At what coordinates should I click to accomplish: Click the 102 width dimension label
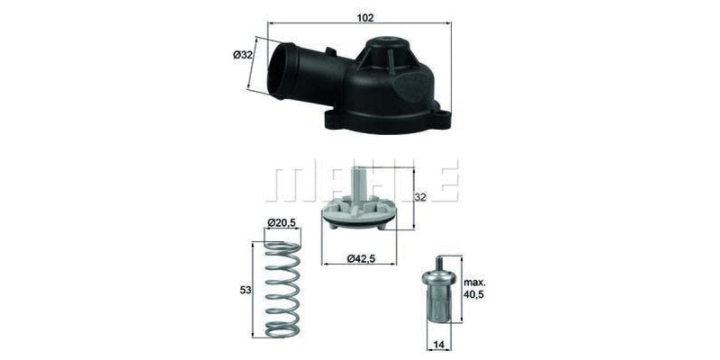[x=365, y=17]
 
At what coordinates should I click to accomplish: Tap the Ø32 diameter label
[x=241, y=56]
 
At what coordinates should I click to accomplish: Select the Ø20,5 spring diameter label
[x=283, y=222]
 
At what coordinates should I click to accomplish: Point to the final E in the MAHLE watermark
[x=448, y=180]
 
